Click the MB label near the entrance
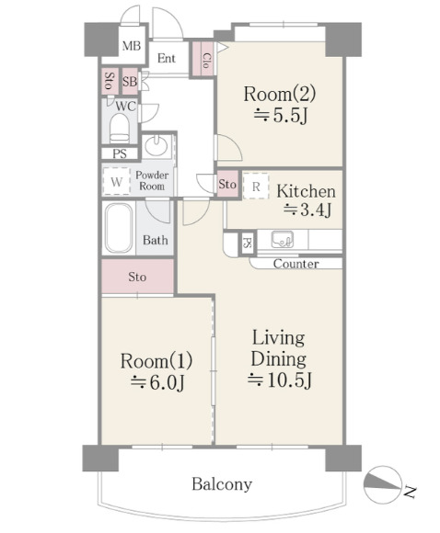[x=132, y=46]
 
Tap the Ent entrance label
[x=167, y=59]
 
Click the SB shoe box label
[x=130, y=82]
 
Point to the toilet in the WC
[x=120, y=129]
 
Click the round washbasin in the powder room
[x=156, y=145]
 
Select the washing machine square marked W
[x=117, y=182]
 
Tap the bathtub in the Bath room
[x=119, y=228]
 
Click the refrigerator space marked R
[x=256, y=187]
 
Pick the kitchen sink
[x=283, y=239]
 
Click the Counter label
[x=296, y=264]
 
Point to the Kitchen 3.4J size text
[x=307, y=210]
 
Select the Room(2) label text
[x=279, y=94]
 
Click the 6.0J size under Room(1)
[x=157, y=383]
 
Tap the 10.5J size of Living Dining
[x=279, y=380]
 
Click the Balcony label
[x=222, y=484]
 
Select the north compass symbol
[x=382, y=484]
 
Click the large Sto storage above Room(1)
[x=137, y=277]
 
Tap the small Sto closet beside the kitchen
[x=227, y=184]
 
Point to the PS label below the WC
[x=120, y=153]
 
